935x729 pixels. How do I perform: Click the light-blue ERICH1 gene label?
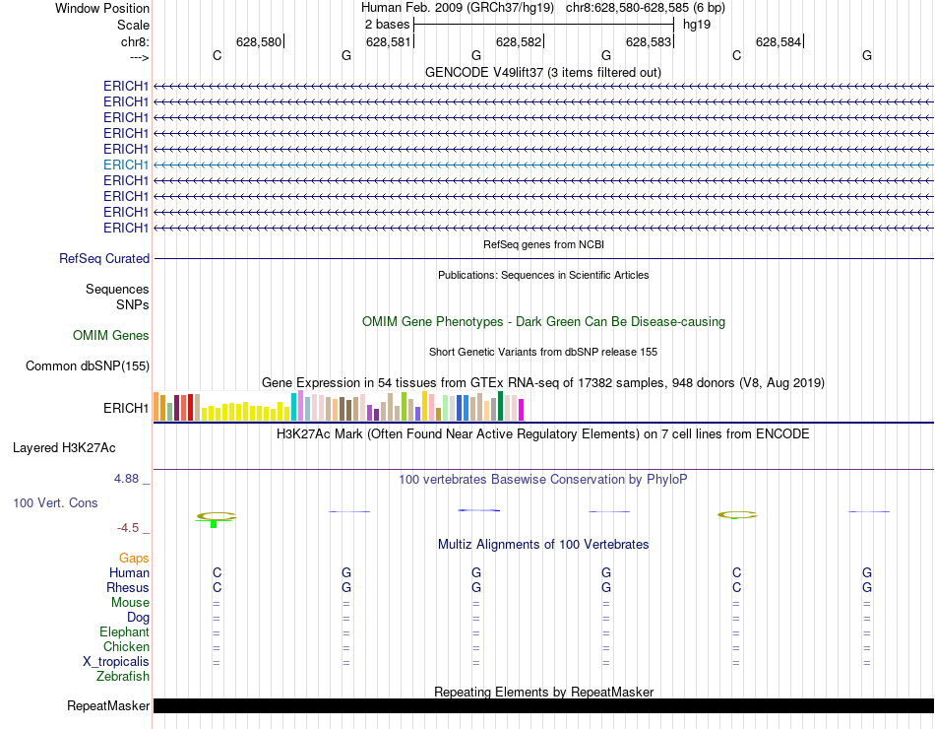click(x=126, y=165)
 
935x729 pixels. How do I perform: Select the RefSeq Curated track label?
click(x=104, y=259)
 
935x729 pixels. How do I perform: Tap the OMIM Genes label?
click(x=111, y=336)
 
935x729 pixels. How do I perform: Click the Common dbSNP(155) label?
click(x=88, y=366)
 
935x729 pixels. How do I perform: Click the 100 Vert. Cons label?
click(x=55, y=503)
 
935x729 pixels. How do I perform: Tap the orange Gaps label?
click(x=134, y=559)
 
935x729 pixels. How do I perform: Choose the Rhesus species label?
click(x=128, y=588)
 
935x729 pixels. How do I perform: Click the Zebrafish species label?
click(x=123, y=677)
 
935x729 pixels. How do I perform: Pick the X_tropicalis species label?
click(x=116, y=662)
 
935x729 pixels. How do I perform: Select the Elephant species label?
click(x=124, y=632)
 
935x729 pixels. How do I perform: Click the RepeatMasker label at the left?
click(x=108, y=706)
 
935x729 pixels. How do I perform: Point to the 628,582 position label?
click(x=519, y=42)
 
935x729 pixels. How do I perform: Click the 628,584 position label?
click(x=779, y=42)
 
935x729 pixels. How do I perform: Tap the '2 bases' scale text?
click(x=386, y=24)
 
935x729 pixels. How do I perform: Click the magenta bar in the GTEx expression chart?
click(x=521, y=409)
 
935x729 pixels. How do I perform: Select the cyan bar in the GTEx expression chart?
click(x=293, y=406)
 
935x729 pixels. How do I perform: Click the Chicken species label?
click(x=126, y=647)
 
